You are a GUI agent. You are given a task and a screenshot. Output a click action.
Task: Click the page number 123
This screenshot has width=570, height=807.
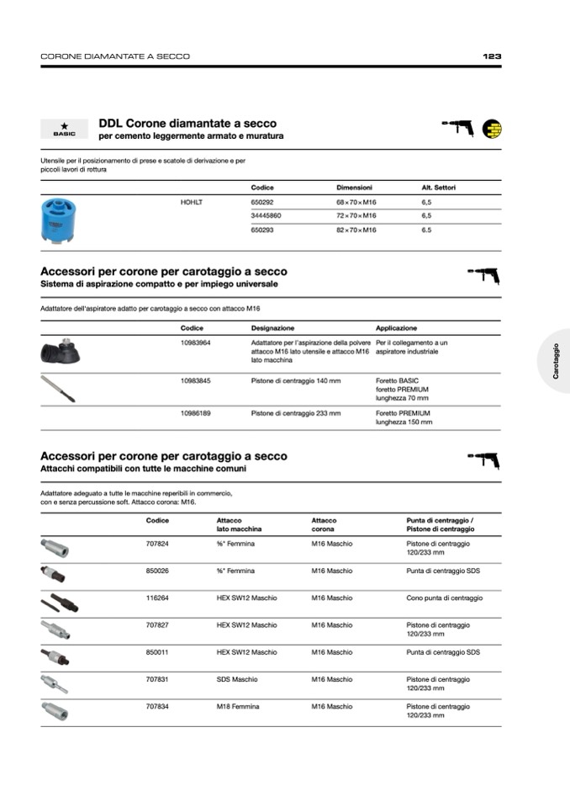[x=492, y=56]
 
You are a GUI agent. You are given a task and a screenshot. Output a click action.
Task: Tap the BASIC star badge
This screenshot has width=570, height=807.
[x=64, y=129]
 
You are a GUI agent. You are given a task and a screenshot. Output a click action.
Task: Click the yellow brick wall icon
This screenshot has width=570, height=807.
[x=491, y=129]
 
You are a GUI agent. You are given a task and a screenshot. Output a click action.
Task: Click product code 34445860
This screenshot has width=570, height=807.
[x=266, y=215]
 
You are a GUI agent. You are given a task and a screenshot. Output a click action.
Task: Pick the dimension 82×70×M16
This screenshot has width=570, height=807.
[x=356, y=230]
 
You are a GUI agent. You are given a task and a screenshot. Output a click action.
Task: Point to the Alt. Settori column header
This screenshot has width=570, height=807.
[x=438, y=188]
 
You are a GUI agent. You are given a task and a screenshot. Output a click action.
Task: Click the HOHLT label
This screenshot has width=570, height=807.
[x=192, y=202]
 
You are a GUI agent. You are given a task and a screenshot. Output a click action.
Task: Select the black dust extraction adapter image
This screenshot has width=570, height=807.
[x=61, y=351]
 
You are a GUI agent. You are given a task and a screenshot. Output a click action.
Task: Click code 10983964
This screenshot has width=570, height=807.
[x=195, y=343]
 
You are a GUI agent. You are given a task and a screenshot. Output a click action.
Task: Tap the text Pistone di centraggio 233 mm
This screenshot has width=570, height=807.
[x=296, y=413]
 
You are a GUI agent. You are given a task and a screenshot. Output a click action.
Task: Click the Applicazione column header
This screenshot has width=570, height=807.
[x=396, y=328]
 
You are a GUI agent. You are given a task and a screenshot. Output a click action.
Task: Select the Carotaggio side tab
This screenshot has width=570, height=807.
[x=556, y=361]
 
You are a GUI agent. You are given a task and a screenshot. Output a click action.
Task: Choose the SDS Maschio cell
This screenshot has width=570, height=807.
[x=237, y=679]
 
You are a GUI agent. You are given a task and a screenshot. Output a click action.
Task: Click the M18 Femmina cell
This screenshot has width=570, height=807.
[x=238, y=707]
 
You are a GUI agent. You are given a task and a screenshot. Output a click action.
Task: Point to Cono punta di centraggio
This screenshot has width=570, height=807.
[x=444, y=598]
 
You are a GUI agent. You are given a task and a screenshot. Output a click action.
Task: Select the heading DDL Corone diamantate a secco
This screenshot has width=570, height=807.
[x=187, y=124]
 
